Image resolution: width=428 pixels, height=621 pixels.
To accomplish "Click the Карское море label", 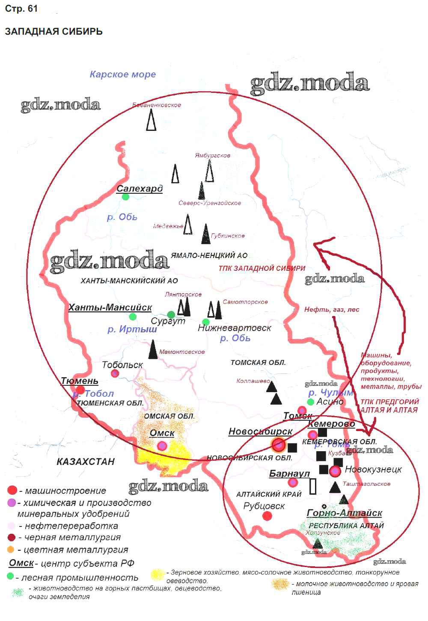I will pos(122,74).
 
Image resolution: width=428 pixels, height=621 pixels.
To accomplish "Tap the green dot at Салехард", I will pos(125,197).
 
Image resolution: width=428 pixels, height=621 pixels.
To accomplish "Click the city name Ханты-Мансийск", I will pos(110,308).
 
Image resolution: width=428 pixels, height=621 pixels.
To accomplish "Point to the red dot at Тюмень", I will pos(80,390).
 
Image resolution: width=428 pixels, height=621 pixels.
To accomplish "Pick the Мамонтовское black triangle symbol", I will pos(153,349).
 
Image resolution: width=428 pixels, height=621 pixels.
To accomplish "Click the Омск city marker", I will pos(162,446).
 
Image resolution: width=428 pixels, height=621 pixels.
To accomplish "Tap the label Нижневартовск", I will pos(235,328).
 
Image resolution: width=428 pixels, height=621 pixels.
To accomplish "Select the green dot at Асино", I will pos(311,402).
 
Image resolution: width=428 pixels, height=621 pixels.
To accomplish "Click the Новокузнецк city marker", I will pos(335,471).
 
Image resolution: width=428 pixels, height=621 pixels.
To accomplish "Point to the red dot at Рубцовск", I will pos(267,516).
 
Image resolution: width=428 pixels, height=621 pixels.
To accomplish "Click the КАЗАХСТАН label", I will pos(86,461).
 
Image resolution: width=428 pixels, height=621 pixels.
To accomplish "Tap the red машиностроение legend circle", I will pos(12,491).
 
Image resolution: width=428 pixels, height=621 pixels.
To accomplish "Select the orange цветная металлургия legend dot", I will pos(11,550).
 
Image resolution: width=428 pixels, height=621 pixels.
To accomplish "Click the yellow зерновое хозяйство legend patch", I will pos(158,575).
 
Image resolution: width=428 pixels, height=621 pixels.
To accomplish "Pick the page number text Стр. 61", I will pos(21,9).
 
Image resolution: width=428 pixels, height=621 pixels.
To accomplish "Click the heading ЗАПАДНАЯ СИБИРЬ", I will pos(53,32).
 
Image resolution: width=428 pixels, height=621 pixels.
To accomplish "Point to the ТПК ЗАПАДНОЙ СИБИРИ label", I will pos(262,269).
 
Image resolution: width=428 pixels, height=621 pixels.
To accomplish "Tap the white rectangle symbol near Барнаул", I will pos(313,486).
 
